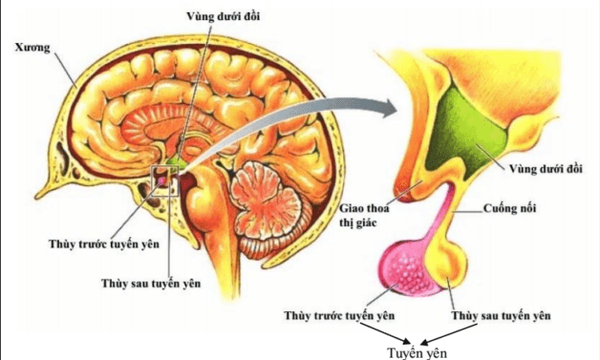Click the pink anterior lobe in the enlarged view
pos(412,268)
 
